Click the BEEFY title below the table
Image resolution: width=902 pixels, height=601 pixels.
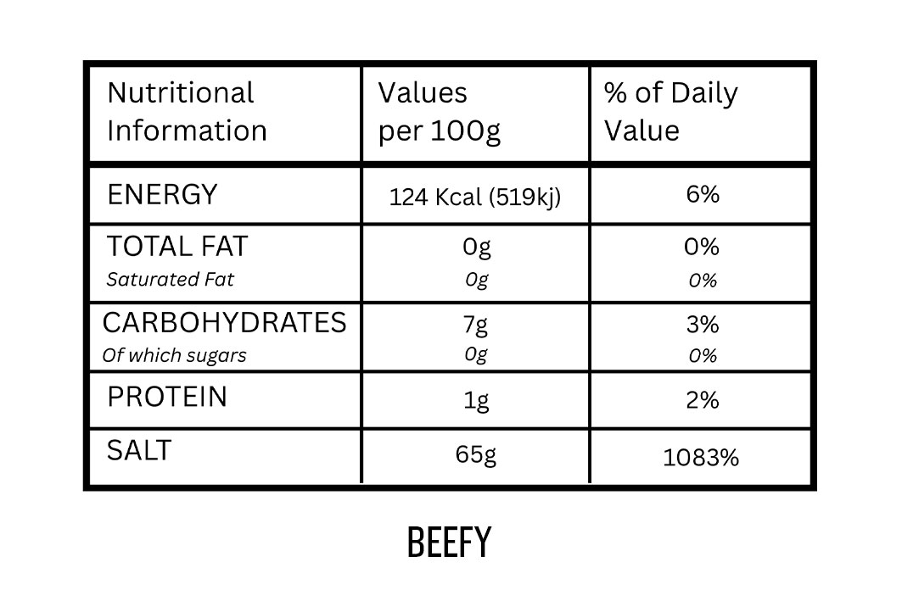click(449, 543)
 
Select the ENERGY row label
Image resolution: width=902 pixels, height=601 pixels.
click(162, 194)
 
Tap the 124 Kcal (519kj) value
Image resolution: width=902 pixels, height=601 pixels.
click(475, 198)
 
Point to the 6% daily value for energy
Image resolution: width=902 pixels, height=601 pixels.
click(703, 194)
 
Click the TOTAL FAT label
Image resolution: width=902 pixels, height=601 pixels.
click(177, 247)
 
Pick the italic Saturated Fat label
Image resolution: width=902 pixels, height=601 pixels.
click(170, 279)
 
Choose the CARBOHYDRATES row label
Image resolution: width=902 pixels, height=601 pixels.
click(224, 323)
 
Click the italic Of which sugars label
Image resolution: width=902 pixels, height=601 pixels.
click(174, 355)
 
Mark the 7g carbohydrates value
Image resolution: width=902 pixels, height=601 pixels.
click(476, 325)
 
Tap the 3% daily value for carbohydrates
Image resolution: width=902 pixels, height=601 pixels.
click(703, 325)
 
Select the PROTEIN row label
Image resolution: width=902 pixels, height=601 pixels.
click(167, 397)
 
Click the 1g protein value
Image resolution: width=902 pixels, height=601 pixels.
click(476, 400)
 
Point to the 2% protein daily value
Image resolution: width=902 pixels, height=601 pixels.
click(703, 399)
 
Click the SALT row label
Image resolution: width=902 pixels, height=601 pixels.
click(139, 450)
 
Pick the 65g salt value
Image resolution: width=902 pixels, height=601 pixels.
click(476, 454)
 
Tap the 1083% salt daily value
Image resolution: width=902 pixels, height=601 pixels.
click(701, 458)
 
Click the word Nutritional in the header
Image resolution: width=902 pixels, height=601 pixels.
click(181, 92)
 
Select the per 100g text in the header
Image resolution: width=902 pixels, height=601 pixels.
click(440, 131)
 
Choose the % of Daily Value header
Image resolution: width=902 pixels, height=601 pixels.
click(670, 111)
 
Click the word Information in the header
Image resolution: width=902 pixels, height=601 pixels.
click(187, 131)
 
